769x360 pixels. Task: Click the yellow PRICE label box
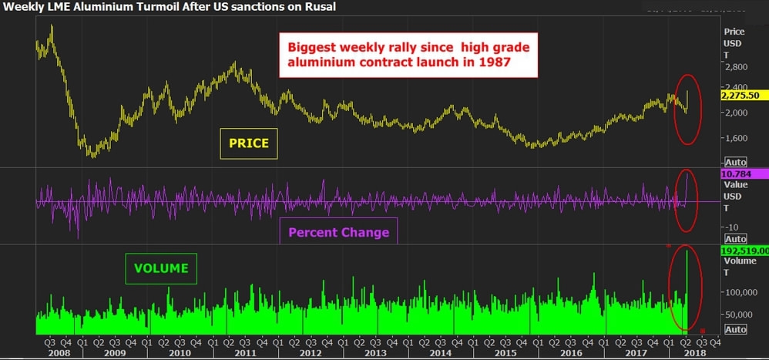coord(248,143)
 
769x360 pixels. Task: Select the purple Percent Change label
coord(338,232)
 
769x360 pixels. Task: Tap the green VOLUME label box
coord(161,268)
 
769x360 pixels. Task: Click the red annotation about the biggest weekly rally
coord(408,55)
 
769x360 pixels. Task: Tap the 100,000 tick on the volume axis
coord(740,293)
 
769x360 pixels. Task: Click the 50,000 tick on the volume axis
coord(738,315)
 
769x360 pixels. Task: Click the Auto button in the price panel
coord(736,162)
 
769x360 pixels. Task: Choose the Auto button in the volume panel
coord(736,329)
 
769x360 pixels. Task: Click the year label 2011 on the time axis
coord(244,352)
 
